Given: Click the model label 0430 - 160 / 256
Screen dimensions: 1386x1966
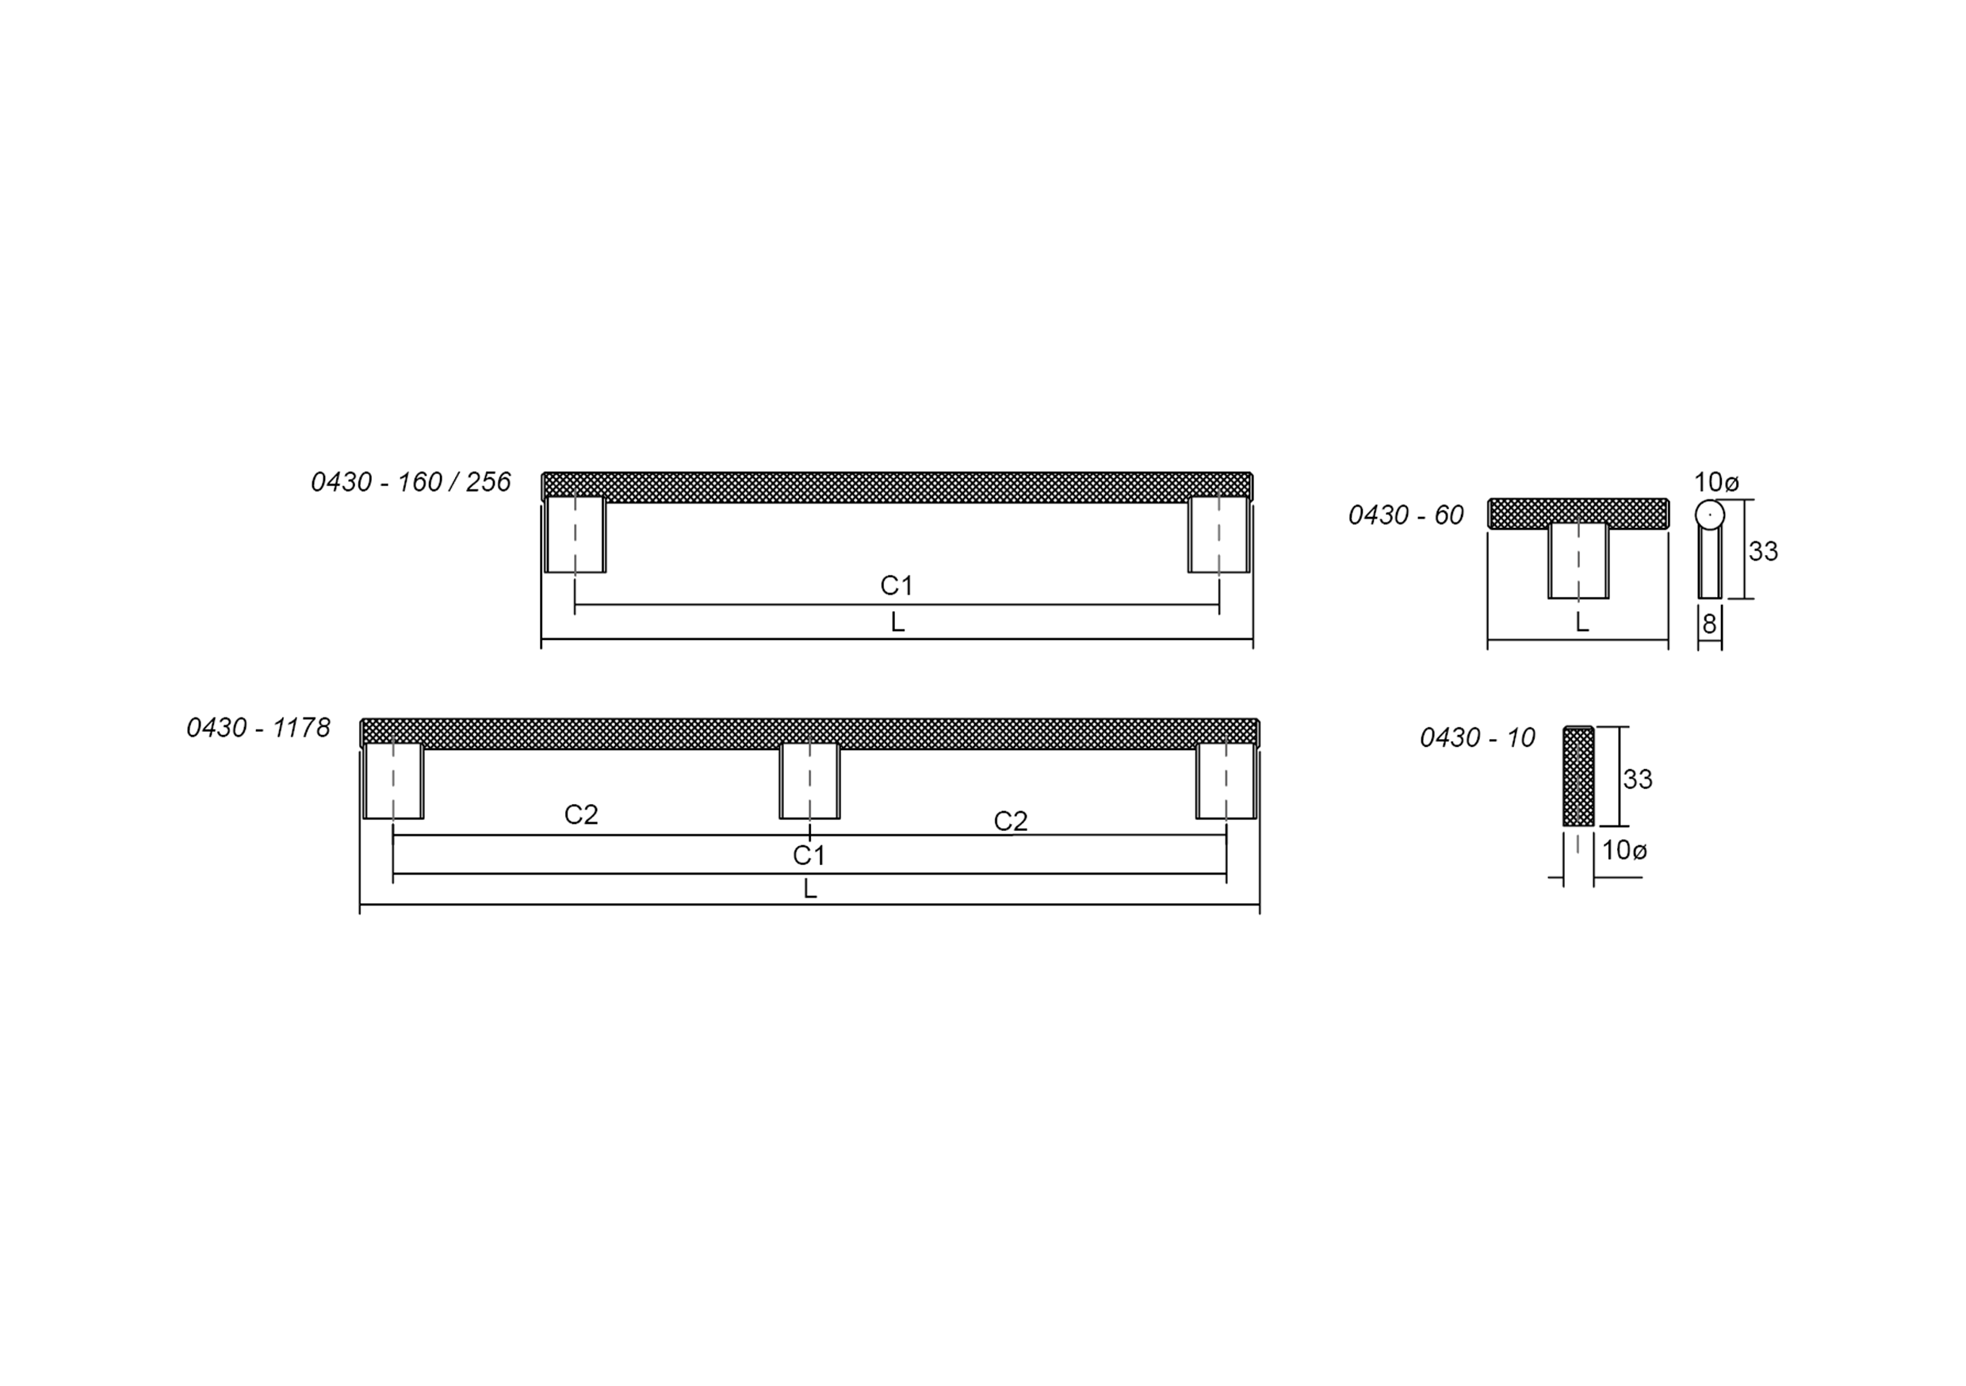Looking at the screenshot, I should click(410, 482).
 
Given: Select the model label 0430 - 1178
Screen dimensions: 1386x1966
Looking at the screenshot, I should click(258, 728).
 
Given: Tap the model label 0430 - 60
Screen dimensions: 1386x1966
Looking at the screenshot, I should click(1406, 515).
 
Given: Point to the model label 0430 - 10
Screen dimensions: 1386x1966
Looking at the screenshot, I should click(1477, 737).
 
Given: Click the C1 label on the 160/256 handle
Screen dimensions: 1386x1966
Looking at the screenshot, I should click(897, 586).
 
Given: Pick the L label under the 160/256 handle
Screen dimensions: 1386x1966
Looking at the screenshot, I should click(897, 622).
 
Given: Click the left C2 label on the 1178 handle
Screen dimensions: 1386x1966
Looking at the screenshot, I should click(580, 814).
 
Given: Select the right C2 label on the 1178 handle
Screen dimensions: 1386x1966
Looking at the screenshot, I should click(1011, 821).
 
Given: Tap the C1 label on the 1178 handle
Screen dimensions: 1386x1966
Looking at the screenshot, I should click(809, 855).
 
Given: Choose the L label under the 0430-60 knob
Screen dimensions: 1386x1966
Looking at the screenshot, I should click(1582, 622).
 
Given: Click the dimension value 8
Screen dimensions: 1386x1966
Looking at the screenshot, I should click(1709, 625).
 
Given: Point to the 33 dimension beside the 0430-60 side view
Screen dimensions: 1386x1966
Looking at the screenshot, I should click(1763, 552).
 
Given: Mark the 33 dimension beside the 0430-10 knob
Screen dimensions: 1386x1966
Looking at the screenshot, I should click(1637, 779).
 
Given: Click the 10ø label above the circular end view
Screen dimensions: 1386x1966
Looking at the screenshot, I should click(1716, 482).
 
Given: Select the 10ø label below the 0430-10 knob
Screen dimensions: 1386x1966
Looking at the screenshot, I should click(1624, 851).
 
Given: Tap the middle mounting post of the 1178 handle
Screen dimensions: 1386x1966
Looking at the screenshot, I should click(809, 781).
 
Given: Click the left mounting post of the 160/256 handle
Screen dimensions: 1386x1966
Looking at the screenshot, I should click(576, 534).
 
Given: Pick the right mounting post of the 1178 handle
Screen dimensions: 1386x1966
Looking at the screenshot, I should click(1226, 781).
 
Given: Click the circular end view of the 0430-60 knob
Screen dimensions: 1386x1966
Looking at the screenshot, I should click(1709, 514).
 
